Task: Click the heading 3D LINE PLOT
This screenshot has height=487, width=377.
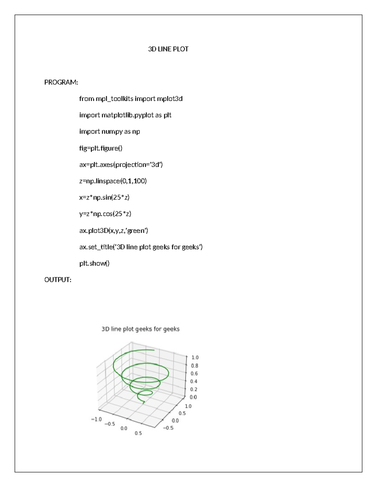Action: pyautogui.click(x=168, y=49)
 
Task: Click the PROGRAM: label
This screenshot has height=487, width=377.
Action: pyautogui.click(x=61, y=82)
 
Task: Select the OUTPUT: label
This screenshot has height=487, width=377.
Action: pyautogui.click(x=58, y=280)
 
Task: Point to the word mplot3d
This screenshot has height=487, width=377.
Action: pyautogui.click(x=170, y=99)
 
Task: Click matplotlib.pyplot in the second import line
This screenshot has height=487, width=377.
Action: pyautogui.click(x=128, y=115)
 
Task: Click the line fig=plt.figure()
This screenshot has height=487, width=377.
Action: pyautogui.click(x=101, y=148)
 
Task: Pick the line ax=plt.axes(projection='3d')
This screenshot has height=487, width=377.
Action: pyautogui.click(x=121, y=165)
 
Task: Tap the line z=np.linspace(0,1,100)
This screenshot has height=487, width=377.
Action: pyautogui.click(x=113, y=181)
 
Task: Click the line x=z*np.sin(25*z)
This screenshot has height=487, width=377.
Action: pyautogui.click(x=104, y=198)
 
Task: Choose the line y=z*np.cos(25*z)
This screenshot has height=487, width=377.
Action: pyautogui.click(x=105, y=214)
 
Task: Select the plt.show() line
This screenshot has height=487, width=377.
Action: pyautogui.click(x=94, y=263)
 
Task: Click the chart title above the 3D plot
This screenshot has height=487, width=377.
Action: pyautogui.click(x=140, y=329)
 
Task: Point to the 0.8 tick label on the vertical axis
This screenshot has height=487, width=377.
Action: pyautogui.click(x=194, y=366)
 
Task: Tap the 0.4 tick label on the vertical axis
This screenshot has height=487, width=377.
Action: pyautogui.click(x=194, y=381)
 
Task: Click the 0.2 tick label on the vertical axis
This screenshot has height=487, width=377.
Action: pyautogui.click(x=194, y=389)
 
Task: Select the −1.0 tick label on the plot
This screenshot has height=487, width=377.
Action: pyautogui.click(x=96, y=419)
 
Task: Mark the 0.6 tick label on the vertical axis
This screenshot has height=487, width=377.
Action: pyautogui.click(x=194, y=373)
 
